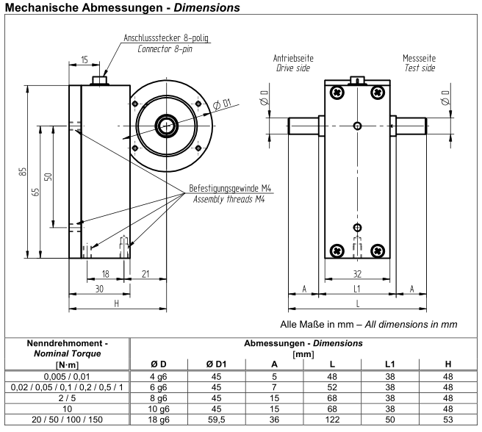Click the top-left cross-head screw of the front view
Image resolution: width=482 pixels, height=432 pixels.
[337, 93]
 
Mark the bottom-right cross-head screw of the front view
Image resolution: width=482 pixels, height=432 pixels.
[377, 250]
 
